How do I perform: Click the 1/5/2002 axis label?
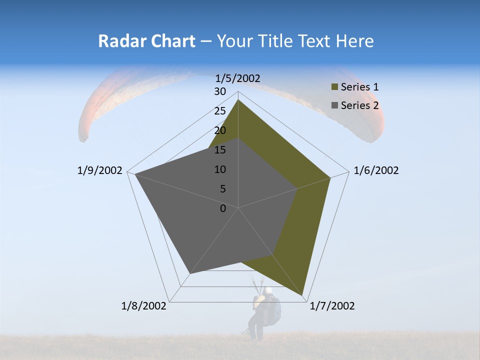[238, 78]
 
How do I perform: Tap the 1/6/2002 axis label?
[376, 170]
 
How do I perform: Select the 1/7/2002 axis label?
[332, 306]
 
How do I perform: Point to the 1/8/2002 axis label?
[144, 306]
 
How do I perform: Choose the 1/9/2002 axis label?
[100, 170]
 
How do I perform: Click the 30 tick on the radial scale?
[220, 91]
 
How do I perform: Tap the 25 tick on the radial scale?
[220, 111]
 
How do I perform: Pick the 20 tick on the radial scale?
[220, 130]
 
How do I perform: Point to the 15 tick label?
[220, 150]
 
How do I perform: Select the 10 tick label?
[220, 169]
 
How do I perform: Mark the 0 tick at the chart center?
[223, 208]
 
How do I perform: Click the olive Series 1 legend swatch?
[334, 87]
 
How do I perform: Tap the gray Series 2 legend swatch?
[334, 105]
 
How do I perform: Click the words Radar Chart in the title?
[146, 41]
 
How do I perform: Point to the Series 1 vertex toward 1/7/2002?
[302, 295]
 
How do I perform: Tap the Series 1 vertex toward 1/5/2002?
[238, 100]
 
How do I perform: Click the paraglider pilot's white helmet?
[268, 290]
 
